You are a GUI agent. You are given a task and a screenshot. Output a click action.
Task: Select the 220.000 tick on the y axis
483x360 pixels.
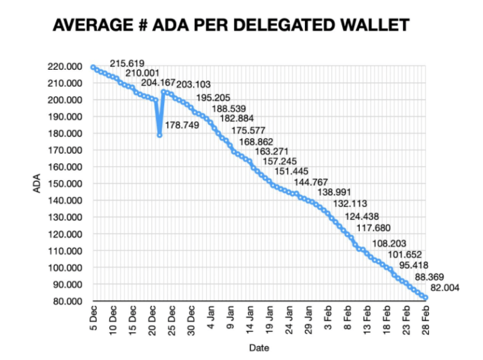[66, 67]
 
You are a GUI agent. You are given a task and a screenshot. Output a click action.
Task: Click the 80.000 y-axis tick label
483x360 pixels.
[68, 301]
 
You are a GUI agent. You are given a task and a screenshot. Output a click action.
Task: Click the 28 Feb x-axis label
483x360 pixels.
[426, 319]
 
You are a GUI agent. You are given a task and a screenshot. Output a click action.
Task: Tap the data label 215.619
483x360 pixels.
[127, 64]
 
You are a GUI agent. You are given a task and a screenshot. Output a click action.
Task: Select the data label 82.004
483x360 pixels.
[445, 288]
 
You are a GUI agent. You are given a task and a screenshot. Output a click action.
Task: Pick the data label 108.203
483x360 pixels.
[389, 243]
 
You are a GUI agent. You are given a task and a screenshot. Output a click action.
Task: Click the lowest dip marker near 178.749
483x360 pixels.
[160, 135]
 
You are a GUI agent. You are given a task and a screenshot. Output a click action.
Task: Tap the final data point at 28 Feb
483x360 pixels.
[426, 298]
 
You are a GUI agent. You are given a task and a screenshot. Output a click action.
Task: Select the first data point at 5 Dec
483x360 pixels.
[93, 67]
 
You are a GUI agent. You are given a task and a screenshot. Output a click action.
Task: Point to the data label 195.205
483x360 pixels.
[214, 98]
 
